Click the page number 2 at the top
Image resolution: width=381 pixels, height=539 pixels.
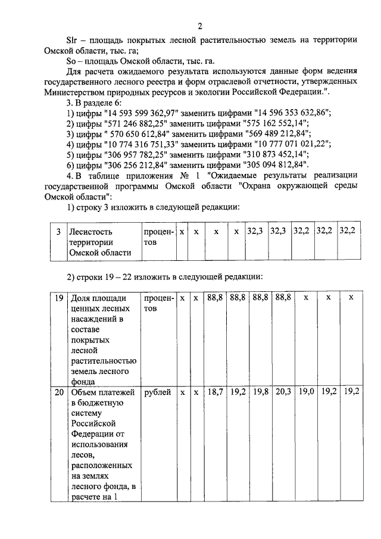pyautogui.click(x=201, y=26)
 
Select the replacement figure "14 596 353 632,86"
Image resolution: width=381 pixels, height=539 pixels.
pyautogui.click(x=292, y=112)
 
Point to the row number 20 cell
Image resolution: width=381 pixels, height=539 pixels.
pyautogui.click(x=58, y=392)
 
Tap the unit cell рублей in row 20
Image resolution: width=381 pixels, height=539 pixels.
pyautogui.click(x=157, y=392)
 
